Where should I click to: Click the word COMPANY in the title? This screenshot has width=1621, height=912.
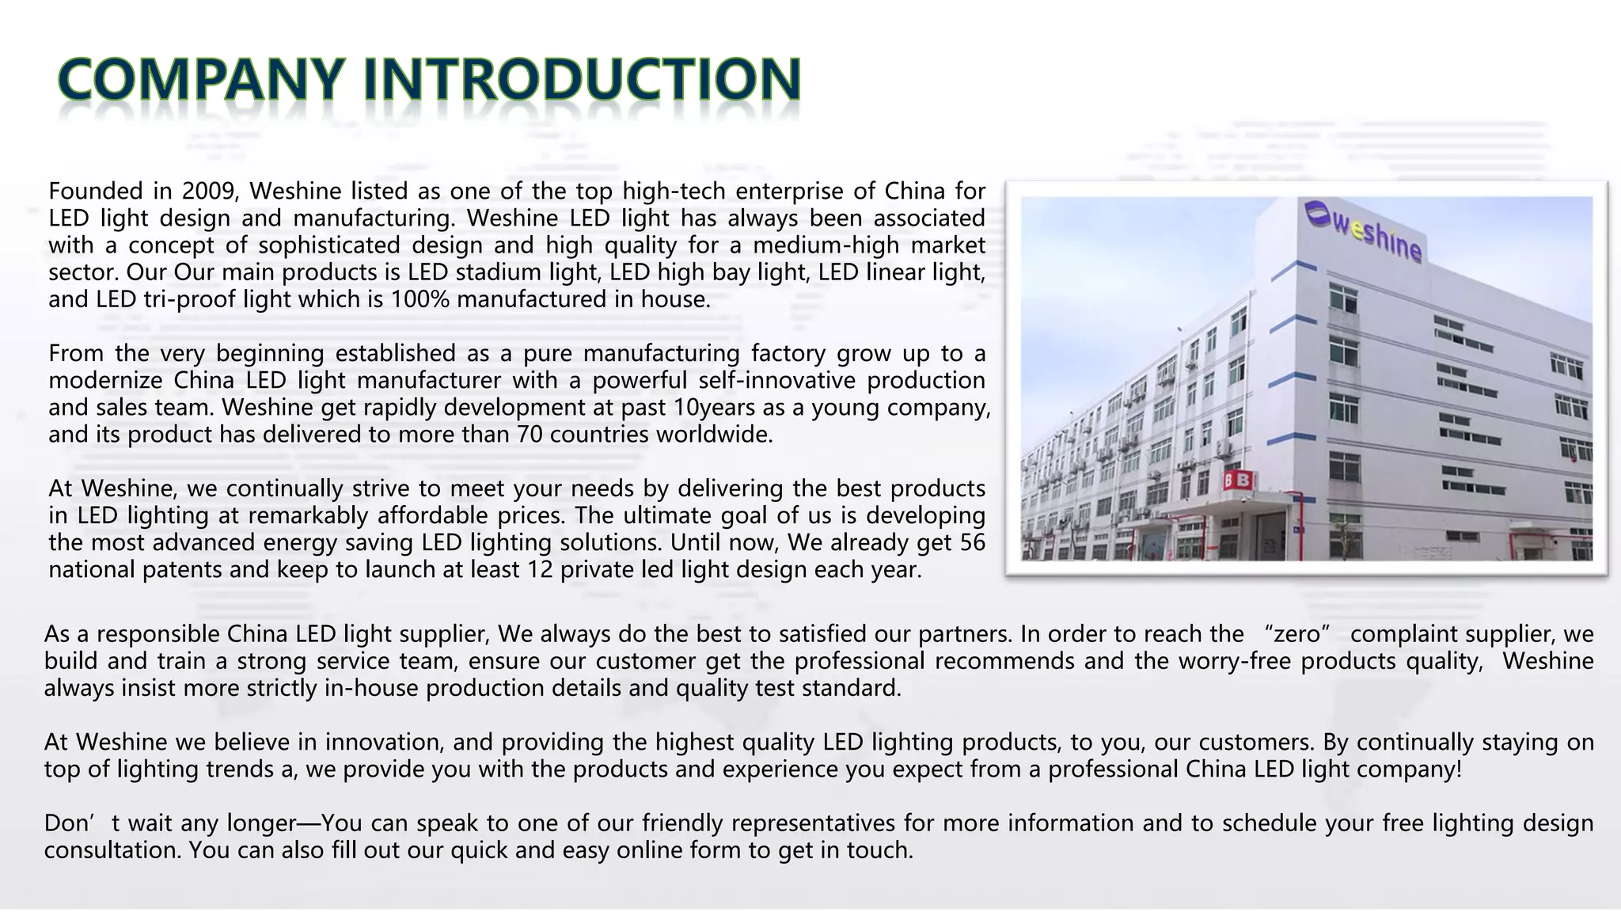(202, 80)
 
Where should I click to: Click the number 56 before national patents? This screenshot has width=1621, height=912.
(972, 543)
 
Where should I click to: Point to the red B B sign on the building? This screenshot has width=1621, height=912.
(1237, 481)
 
